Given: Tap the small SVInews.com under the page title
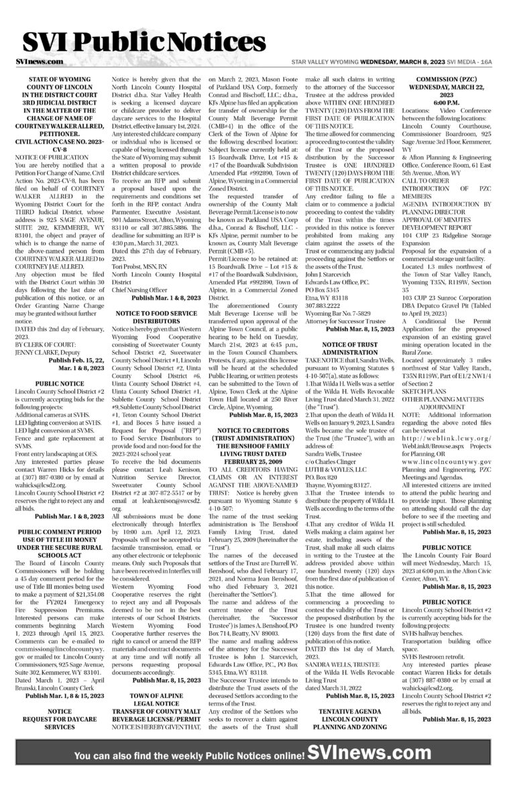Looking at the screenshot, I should point(38,61).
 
